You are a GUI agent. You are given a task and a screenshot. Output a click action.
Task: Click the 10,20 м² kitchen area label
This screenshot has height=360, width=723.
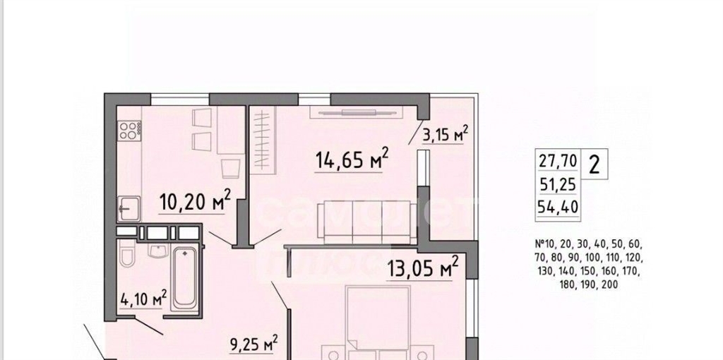pyautogui.click(x=195, y=201)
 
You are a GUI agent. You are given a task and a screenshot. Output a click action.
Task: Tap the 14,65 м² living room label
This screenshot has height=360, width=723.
pyautogui.click(x=352, y=160)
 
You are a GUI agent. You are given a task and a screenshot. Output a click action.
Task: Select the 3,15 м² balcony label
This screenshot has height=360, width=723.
pyautogui.click(x=445, y=135)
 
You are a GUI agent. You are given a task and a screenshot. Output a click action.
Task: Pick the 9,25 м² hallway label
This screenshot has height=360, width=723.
pyautogui.click(x=254, y=343)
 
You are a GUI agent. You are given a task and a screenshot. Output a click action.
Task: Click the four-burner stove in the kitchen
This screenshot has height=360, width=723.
pyautogui.click(x=130, y=129)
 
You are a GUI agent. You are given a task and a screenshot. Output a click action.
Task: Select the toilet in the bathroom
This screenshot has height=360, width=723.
pyautogui.click(x=126, y=253)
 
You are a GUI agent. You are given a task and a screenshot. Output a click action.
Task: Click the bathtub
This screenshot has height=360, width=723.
pyautogui.click(x=185, y=279)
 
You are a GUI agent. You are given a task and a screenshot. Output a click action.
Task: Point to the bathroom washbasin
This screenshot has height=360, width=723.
pyautogui.click(x=158, y=249)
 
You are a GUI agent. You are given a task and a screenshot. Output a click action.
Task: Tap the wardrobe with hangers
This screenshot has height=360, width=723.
pyautogui.click(x=261, y=138)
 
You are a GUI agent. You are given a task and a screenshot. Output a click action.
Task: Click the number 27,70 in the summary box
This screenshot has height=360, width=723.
pyautogui.click(x=558, y=162)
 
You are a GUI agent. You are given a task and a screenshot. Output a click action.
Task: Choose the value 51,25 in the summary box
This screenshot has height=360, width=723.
pyautogui.click(x=558, y=184)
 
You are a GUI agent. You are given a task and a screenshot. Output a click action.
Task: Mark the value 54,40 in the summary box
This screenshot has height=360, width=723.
pyautogui.click(x=558, y=208)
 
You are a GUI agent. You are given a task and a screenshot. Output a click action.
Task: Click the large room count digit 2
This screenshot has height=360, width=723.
pyautogui.click(x=594, y=164)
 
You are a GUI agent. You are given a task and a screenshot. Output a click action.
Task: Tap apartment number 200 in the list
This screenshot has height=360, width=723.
pyautogui.click(x=609, y=285)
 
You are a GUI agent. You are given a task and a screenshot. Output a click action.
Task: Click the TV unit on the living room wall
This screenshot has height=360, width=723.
pyautogui.click(x=357, y=112)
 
